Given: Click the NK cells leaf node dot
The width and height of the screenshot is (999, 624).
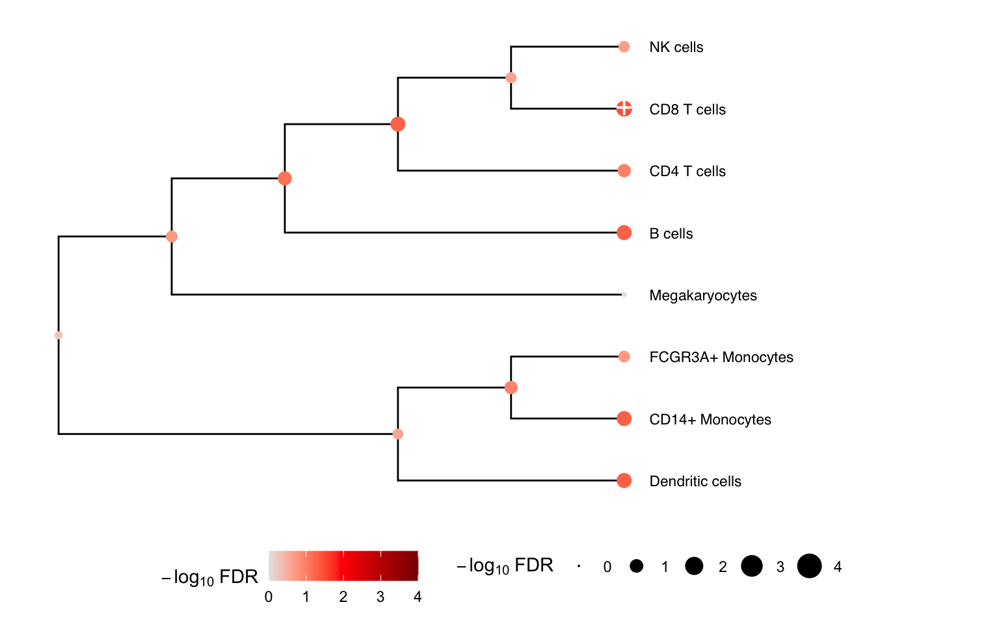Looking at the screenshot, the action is point(624,47).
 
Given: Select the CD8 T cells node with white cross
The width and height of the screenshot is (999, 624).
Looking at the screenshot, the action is point(624,109).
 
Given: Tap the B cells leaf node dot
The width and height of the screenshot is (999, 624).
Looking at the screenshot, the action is point(624,233).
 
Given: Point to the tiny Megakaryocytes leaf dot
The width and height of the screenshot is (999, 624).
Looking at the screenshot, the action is point(624,294).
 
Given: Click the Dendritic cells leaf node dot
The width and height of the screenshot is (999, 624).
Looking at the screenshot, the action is point(624,480).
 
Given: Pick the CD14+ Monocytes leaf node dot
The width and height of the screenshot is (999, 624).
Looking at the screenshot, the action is point(624,419).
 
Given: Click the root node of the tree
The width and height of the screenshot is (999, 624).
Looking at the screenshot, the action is point(59,335).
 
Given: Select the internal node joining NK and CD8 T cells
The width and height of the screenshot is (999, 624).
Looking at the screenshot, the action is point(511,77).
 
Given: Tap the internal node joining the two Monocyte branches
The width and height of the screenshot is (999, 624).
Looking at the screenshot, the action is point(511,388).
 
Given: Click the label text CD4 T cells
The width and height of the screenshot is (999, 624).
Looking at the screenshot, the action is point(687,171).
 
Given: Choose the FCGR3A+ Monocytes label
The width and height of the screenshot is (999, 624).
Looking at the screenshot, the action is point(721,357).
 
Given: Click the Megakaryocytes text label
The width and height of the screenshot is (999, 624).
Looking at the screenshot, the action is point(703,296).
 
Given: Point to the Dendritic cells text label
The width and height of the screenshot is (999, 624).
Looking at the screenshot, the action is point(695,482).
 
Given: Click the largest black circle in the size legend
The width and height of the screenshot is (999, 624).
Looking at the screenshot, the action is point(810,566).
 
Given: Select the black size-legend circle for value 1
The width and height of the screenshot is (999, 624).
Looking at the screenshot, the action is point(637,566).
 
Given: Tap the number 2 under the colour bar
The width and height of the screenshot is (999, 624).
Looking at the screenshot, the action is point(343,597).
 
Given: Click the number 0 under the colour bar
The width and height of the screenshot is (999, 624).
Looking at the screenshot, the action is point(269,597).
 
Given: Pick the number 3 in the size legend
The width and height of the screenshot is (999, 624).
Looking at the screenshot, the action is point(780,567).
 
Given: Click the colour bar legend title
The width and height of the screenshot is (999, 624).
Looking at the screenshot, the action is point(209,577).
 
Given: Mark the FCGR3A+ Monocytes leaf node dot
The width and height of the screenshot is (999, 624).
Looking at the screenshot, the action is point(624,357).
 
